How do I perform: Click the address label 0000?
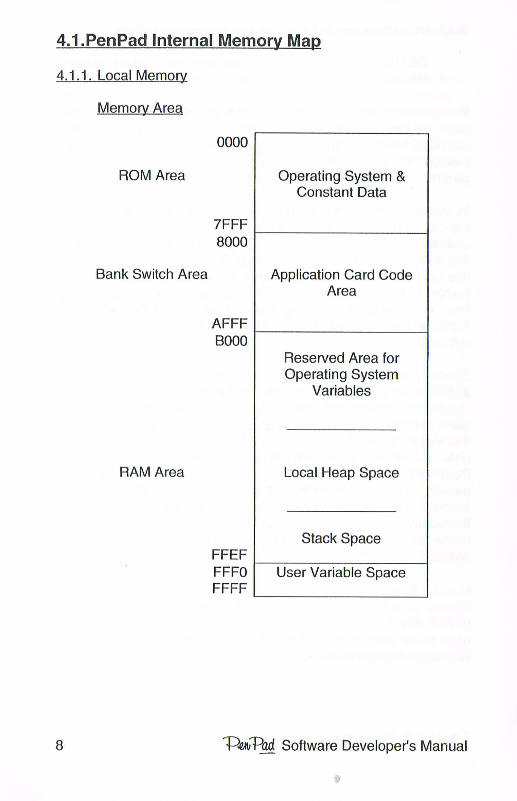tap(232, 142)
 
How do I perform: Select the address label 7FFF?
tap(231, 224)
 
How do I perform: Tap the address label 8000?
tap(232, 242)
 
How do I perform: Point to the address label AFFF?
tap(230, 324)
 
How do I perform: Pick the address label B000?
tap(231, 341)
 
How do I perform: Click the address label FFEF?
tap(229, 555)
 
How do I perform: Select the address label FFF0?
tap(230, 572)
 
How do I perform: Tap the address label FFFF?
tap(229, 589)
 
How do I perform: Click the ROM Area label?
tap(151, 176)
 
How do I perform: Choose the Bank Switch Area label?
tap(151, 274)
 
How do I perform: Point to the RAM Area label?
tap(151, 472)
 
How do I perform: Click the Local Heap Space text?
tap(341, 473)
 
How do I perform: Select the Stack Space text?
tap(341, 539)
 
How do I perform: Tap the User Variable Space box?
tap(341, 580)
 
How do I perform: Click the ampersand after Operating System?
tap(401, 176)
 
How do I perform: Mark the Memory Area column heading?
tap(140, 108)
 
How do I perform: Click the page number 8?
tap(59, 745)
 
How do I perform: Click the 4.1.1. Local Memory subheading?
tap(122, 75)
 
